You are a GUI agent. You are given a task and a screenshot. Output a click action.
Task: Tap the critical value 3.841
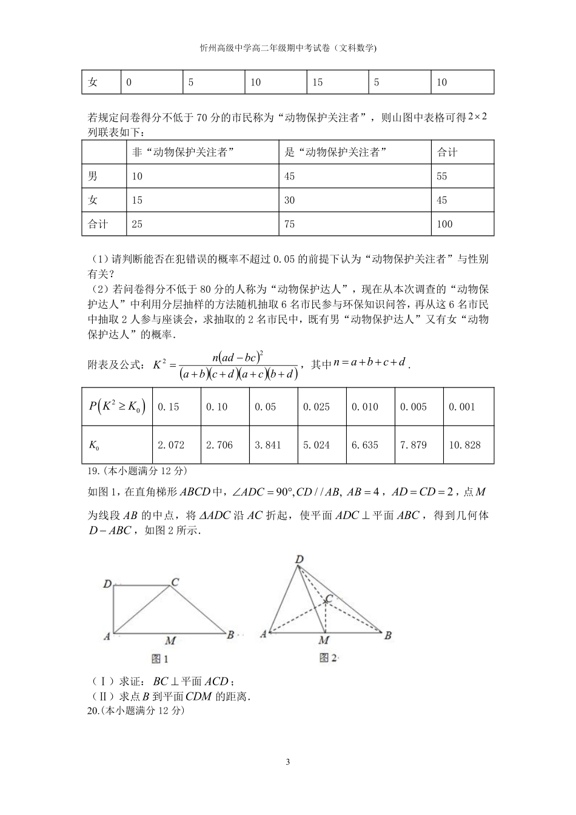(267, 445)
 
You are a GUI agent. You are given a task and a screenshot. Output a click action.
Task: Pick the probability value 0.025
(316, 407)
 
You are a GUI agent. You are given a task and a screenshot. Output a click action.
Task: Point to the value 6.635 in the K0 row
(364, 445)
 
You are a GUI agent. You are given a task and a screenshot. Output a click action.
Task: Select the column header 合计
(447, 153)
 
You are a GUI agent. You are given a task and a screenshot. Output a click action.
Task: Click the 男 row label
(93, 176)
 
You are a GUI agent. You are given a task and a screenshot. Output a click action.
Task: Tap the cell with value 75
(289, 224)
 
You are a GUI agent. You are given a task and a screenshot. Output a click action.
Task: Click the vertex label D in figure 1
(107, 584)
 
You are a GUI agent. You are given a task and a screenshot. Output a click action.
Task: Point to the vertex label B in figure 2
(387, 635)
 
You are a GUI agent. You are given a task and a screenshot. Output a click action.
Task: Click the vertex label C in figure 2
(329, 599)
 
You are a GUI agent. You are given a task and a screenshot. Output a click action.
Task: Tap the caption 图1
(159, 659)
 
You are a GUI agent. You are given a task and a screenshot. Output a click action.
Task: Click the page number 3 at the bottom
(288, 762)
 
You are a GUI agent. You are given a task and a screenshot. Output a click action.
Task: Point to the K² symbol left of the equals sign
(159, 364)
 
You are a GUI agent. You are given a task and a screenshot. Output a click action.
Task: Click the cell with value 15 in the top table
(318, 82)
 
